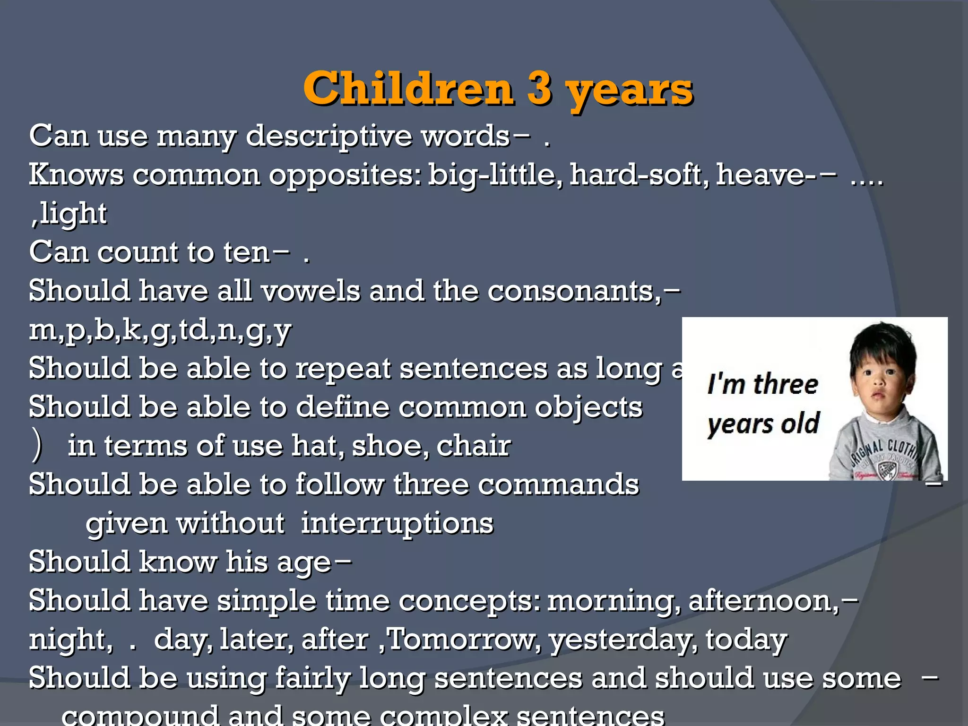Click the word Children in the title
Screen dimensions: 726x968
coord(408,88)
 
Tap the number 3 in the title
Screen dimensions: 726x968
coord(539,88)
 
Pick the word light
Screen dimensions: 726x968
coord(73,214)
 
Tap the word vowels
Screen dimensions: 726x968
coord(311,291)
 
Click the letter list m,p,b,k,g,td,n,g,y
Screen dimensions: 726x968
coord(160,330)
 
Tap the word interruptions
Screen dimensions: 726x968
coord(397,523)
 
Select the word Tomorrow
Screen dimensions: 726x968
coord(464,640)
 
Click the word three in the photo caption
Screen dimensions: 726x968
coord(785,384)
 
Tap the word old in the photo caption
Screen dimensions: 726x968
coord(800,423)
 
